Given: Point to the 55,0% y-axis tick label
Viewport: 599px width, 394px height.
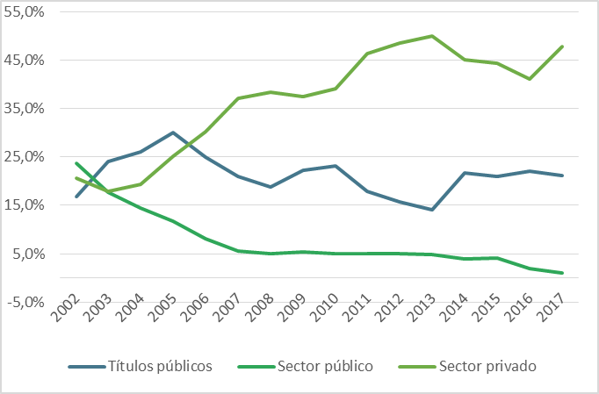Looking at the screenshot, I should [25, 12].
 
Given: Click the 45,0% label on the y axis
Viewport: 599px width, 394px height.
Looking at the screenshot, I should [25, 61].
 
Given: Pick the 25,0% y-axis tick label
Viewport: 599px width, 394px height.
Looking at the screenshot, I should [25, 157].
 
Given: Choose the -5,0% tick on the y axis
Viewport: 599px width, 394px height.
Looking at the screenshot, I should [25, 302].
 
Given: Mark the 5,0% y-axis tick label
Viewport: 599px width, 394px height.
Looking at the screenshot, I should [28, 254].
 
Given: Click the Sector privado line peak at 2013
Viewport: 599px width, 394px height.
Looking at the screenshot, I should [431, 36].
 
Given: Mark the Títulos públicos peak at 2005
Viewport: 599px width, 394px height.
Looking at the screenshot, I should [174, 133].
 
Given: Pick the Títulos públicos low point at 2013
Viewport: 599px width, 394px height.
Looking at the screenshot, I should [431, 210].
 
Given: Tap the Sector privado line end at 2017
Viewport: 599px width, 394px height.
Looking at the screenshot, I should [562, 47].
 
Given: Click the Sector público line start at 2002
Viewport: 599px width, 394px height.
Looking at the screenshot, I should [76, 163].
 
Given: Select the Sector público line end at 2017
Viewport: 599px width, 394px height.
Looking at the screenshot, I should [562, 273].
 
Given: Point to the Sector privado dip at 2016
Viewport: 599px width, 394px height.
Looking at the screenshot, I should [530, 79].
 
